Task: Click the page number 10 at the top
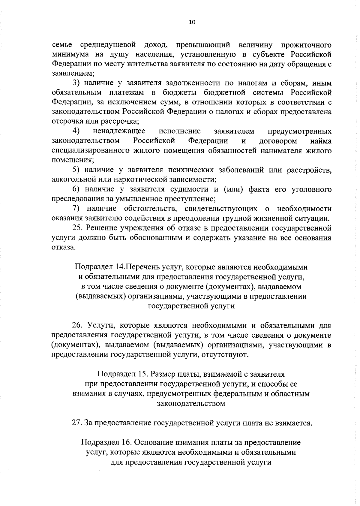coord(192,22)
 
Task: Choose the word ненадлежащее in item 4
coord(119,131)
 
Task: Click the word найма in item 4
coord(321,141)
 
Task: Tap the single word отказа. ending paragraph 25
coord(62,248)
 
